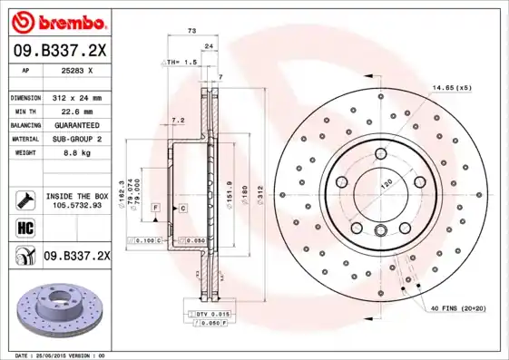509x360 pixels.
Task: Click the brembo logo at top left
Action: [x=57, y=20]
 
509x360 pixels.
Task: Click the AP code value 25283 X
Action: [x=77, y=69]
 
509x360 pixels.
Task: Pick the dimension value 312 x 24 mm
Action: [x=77, y=97]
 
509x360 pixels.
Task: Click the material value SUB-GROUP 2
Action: [x=77, y=139]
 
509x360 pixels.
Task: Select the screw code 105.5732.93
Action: [x=77, y=205]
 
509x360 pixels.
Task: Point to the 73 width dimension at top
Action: [x=191, y=31]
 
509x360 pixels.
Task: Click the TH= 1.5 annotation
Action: [x=181, y=63]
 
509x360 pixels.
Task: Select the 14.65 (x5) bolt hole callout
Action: [x=451, y=87]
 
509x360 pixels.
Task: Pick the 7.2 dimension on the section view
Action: [x=178, y=120]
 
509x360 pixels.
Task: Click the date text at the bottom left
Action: [x=61, y=355]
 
